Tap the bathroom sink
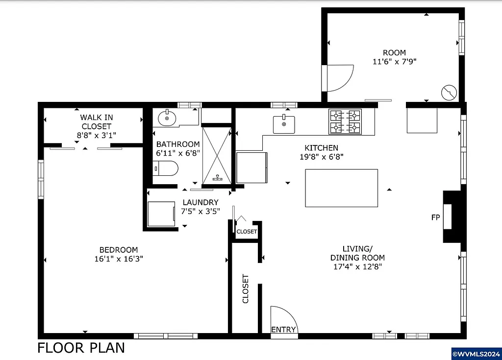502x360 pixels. pos(168,118)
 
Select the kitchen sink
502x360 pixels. pos(284,124)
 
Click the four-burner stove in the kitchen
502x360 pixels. pos(345,121)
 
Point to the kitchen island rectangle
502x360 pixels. pos(341,188)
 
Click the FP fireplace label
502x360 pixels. pos(435,217)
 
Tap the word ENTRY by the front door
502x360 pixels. pos(284,330)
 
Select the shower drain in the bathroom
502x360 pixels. pos(217,178)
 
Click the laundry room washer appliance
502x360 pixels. pos(161,214)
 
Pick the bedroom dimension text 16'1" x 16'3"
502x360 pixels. pos(118,258)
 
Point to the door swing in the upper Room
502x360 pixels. pos(341,78)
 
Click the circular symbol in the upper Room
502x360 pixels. pos(449,92)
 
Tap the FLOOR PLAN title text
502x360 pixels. pos(81,348)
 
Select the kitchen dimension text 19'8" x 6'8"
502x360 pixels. pos(321,157)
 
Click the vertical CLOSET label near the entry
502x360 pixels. pos(246,288)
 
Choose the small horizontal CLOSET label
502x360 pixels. pos(247,231)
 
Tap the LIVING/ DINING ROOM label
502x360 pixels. pos(357,253)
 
